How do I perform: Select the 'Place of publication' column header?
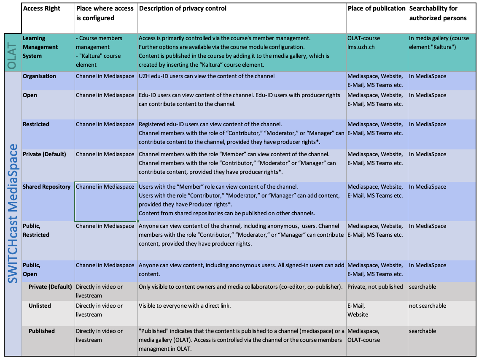(x=377, y=8)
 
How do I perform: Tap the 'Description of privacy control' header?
(x=183, y=8)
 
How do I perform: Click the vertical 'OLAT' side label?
(x=12, y=53)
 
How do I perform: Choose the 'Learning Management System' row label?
(x=40, y=47)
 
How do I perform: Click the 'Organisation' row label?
(x=39, y=76)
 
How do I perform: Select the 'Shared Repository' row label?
(x=46, y=187)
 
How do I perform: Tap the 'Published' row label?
(x=42, y=331)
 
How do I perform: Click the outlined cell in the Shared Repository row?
(x=106, y=201)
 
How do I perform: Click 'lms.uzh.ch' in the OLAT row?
(x=361, y=47)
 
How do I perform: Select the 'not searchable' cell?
(x=427, y=306)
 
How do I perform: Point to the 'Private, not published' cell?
(x=375, y=287)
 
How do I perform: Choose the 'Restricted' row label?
(x=36, y=125)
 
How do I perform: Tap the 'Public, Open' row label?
(x=32, y=270)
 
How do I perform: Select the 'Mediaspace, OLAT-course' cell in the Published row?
(x=363, y=336)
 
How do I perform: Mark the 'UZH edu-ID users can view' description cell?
(x=207, y=76)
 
